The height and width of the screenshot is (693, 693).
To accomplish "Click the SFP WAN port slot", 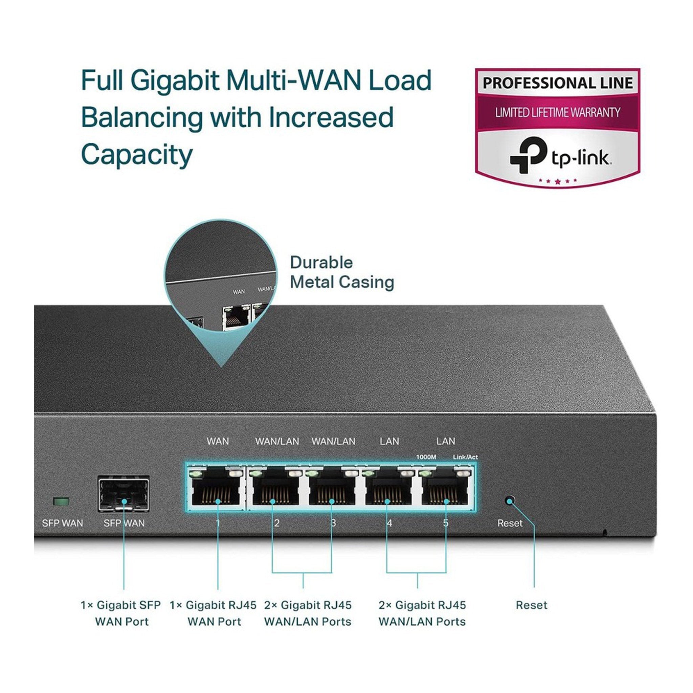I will coord(124,494).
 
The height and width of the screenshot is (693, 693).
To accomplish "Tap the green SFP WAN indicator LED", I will coord(61,501).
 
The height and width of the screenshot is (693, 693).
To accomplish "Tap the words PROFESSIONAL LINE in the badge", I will coord(557,83).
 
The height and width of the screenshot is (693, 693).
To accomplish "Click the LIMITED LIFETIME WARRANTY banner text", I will coord(557,113).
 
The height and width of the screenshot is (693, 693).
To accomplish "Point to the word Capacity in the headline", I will coord(137,154).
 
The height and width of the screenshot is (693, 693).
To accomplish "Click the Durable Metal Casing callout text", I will coord(341,272).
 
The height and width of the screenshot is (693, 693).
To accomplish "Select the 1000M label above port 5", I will coord(426,457).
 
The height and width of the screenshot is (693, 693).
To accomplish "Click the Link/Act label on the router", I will coord(465,457).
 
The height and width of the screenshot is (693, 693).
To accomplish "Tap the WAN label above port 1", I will coord(218,441).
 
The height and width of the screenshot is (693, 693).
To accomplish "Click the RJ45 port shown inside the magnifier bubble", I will coord(236,318).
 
